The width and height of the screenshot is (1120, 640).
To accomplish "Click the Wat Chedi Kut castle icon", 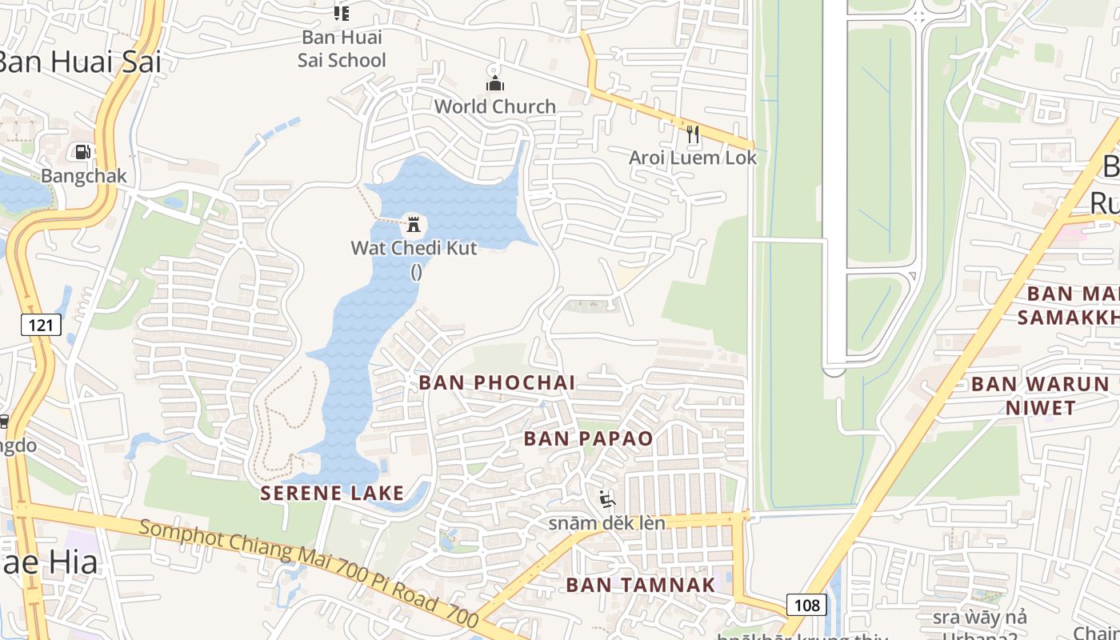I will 414,222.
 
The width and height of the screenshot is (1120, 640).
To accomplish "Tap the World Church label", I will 494,106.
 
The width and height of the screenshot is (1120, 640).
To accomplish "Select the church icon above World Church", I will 495,83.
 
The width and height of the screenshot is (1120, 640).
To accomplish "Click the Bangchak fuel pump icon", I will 82,151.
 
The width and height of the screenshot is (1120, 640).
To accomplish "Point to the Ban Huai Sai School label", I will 342,49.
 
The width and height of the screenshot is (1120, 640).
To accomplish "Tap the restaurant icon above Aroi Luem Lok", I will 693,134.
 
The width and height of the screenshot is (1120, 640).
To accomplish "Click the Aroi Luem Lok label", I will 693,158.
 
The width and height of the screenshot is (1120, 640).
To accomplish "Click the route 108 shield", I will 806,605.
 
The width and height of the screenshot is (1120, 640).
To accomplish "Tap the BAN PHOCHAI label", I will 497,382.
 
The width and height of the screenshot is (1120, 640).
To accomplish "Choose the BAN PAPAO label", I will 588,438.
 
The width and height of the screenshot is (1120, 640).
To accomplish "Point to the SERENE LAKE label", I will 332,493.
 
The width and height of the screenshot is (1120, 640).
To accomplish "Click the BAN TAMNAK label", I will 640,585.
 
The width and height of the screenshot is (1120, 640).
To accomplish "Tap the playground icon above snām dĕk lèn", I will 607,500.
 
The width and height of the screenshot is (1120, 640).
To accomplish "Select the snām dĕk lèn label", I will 606,523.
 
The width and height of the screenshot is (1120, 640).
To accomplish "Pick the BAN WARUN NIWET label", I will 1040,395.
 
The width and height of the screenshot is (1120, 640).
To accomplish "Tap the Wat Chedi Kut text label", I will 414,248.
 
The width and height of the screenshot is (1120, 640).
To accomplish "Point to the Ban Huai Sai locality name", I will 80,62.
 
